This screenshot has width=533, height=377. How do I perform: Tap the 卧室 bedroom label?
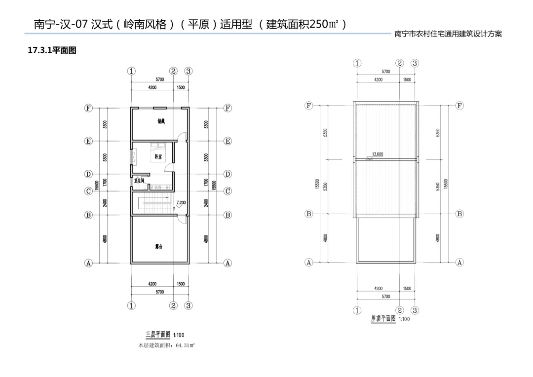point(158,157)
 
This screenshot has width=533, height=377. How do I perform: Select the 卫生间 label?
point(139,181)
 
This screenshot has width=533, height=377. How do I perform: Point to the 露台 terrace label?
point(159,246)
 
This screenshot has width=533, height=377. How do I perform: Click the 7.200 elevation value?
point(181,203)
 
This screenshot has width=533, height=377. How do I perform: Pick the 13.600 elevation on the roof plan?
point(378,154)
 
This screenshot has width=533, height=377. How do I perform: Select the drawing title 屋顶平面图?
point(383,319)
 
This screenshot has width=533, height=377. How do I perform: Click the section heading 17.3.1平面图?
point(52,50)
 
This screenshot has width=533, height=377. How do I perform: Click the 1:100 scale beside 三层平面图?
point(179,336)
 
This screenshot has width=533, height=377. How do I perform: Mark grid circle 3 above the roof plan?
point(415,63)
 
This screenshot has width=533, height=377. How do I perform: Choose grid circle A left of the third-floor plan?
point(88,263)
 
